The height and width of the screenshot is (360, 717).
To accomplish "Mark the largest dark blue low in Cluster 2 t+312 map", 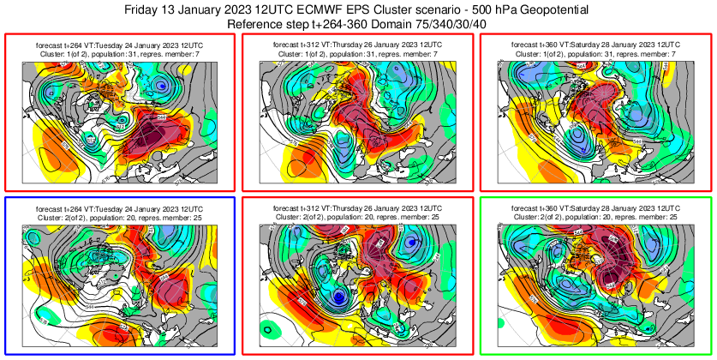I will pyautogui.click(x=339, y=297).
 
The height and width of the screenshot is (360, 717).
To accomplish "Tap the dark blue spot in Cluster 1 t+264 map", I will pyautogui.click(x=161, y=85).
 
